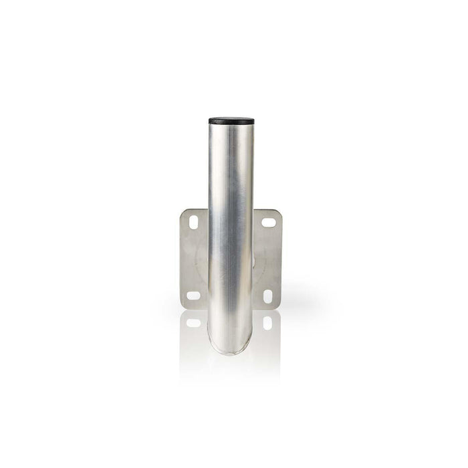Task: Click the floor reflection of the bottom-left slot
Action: [193, 322]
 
